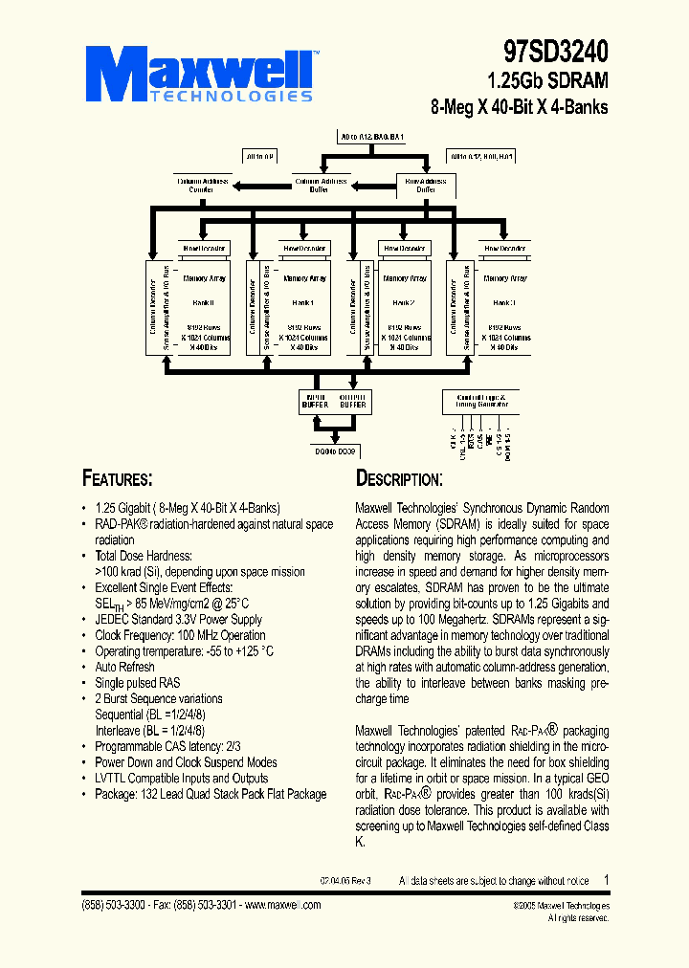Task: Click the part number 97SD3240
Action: pos(556,50)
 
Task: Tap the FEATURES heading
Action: pos(118,478)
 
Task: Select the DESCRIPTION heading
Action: pos(399,478)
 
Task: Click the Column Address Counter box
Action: pos(201,185)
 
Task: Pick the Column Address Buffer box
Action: pos(321,185)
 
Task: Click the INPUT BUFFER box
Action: pos(315,401)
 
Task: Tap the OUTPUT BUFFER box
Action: pos(353,401)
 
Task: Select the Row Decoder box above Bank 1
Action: pos(304,248)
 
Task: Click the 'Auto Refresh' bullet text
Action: pos(124,667)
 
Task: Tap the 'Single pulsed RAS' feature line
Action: pos(138,683)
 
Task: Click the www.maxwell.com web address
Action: pos(283,905)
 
